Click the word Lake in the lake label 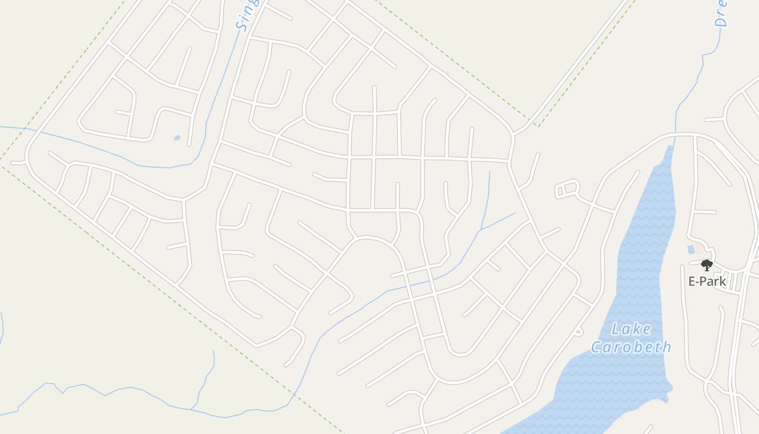631,329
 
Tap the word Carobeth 631,347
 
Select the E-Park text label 707,281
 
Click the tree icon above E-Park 706,265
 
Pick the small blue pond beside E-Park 691,250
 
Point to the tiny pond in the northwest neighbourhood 177,138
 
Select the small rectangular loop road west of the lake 567,188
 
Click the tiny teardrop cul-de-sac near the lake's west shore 579,330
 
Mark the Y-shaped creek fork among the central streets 480,231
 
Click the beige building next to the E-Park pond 700,250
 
